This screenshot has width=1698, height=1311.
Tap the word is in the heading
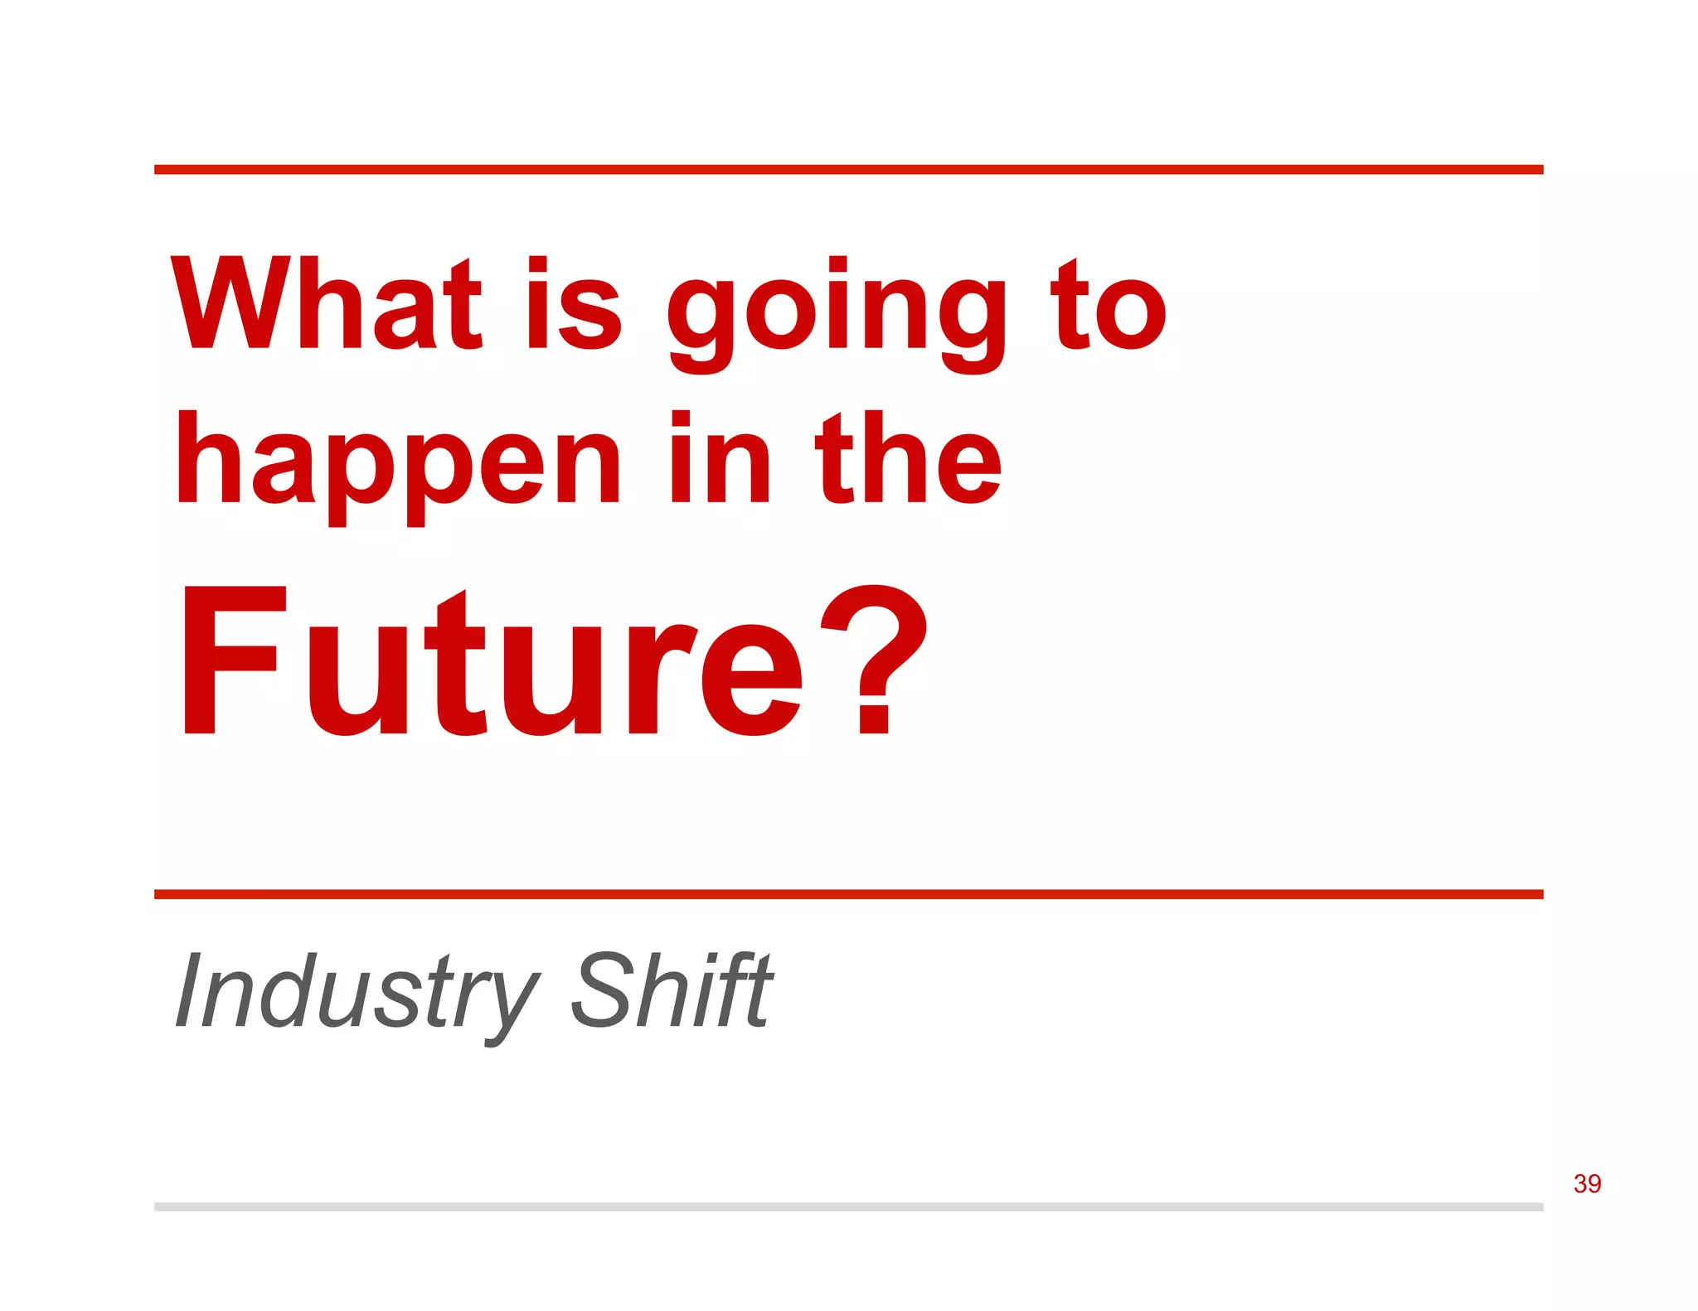point(574,303)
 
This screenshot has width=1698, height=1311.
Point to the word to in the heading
point(1109,303)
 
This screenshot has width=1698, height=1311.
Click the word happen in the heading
point(398,464)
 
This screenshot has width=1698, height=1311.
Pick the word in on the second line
point(720,457)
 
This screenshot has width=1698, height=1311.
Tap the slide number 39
point(1587,1183)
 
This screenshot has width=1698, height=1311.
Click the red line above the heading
point(848,170)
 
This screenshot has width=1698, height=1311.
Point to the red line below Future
point(848,894)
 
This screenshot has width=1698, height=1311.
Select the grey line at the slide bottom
point(848,1207)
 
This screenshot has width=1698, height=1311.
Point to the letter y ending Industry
point(507,1003)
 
